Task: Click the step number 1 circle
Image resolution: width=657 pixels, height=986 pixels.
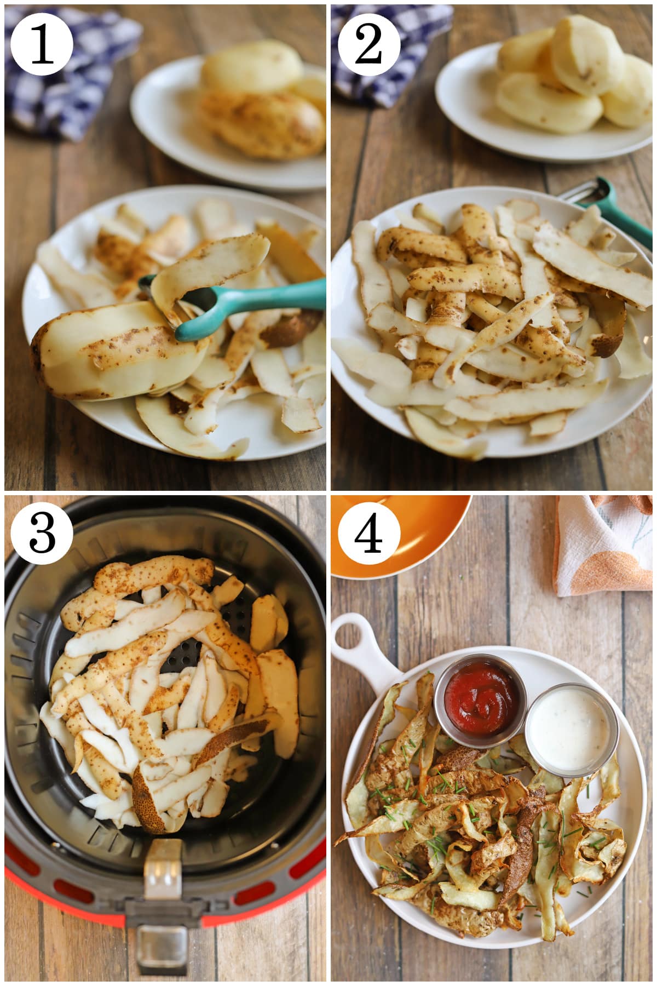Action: click(x=42, y=44)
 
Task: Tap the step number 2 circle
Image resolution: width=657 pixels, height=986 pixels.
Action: click(x=368, y=44)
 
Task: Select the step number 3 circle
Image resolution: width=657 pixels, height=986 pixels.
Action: click(x=42, y=532)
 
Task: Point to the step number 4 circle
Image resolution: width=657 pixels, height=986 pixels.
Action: click(x=368, y=532)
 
